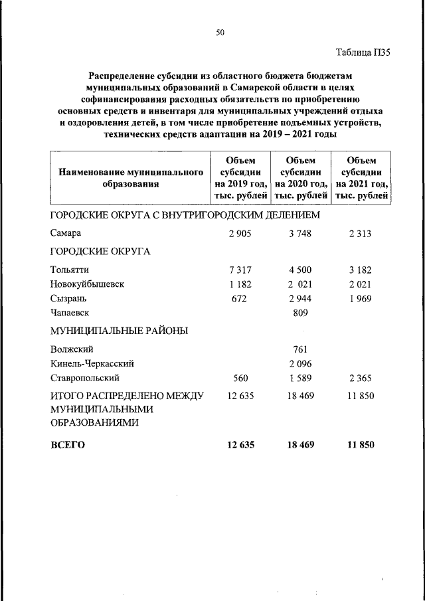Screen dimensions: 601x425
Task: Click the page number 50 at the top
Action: pos(220,33)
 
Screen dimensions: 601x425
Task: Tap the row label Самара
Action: pos(66,233)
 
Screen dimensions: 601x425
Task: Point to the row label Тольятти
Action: pos(69,270)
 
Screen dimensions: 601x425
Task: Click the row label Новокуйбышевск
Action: pos(87,284)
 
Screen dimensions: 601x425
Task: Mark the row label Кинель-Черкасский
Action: pos(92,363)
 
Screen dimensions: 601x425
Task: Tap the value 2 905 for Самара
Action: pos(240,233)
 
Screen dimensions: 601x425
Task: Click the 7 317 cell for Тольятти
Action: pos(240,270)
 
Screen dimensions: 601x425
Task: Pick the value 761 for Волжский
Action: pos(301,349)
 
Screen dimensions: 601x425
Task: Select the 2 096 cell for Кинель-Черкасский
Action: pos(301,363)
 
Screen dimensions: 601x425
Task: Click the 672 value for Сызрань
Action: pos(240,298)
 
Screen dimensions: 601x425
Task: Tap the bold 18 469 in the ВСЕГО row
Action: pos(301,445)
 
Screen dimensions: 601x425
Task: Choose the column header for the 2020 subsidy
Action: pos(301,178)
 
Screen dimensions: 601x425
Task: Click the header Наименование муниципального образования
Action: pos(130,178)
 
